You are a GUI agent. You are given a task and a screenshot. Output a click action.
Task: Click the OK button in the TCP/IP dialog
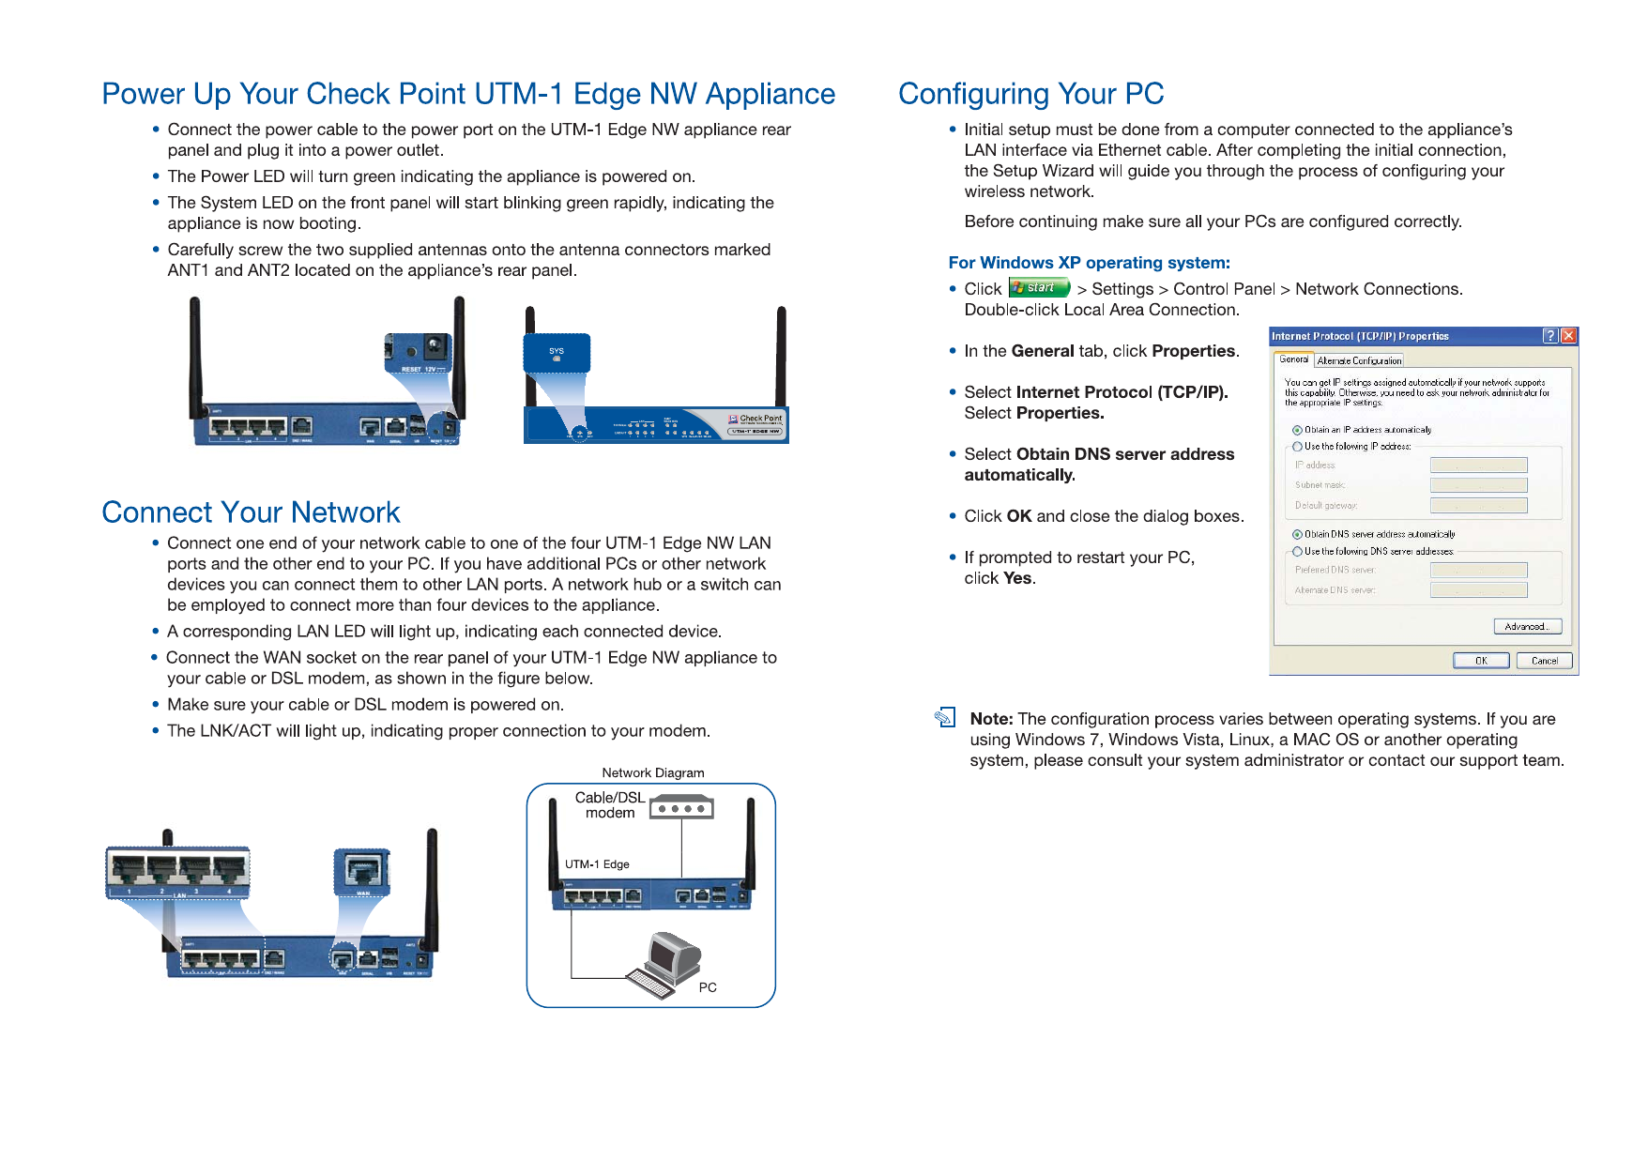[1480, 661]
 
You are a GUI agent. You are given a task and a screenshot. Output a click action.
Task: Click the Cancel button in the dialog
[1544, 661]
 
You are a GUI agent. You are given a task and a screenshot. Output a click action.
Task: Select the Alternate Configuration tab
[1358, 360]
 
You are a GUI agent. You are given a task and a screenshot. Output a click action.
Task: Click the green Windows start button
[1039, 288]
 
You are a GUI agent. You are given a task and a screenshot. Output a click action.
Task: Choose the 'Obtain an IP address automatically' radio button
[1297, 430]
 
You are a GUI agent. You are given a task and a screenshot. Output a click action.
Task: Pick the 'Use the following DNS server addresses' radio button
[1297, 552]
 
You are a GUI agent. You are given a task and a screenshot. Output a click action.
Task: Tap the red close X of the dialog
[1568, 336]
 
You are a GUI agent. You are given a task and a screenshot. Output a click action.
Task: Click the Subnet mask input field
[1478, 485]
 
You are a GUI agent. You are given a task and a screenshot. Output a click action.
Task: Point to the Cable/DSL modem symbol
[682, 807]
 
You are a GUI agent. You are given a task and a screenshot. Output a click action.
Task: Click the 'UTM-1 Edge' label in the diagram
[597, 864]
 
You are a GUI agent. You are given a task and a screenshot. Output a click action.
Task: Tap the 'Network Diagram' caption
[652, 773]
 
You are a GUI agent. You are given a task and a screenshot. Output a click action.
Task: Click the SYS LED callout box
[557, 354]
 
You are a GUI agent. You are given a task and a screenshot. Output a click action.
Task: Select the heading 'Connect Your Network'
[251, 512]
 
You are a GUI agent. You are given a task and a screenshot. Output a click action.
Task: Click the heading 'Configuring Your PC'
[1030, 94]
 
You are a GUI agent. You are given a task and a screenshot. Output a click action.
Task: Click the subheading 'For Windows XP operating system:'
[1089, 263]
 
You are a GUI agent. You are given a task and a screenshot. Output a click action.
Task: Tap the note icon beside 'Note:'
[945, 718]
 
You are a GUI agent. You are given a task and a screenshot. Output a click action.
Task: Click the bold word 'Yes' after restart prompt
[1017, 578]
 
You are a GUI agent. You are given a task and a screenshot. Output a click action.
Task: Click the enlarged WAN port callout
[362, 872]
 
